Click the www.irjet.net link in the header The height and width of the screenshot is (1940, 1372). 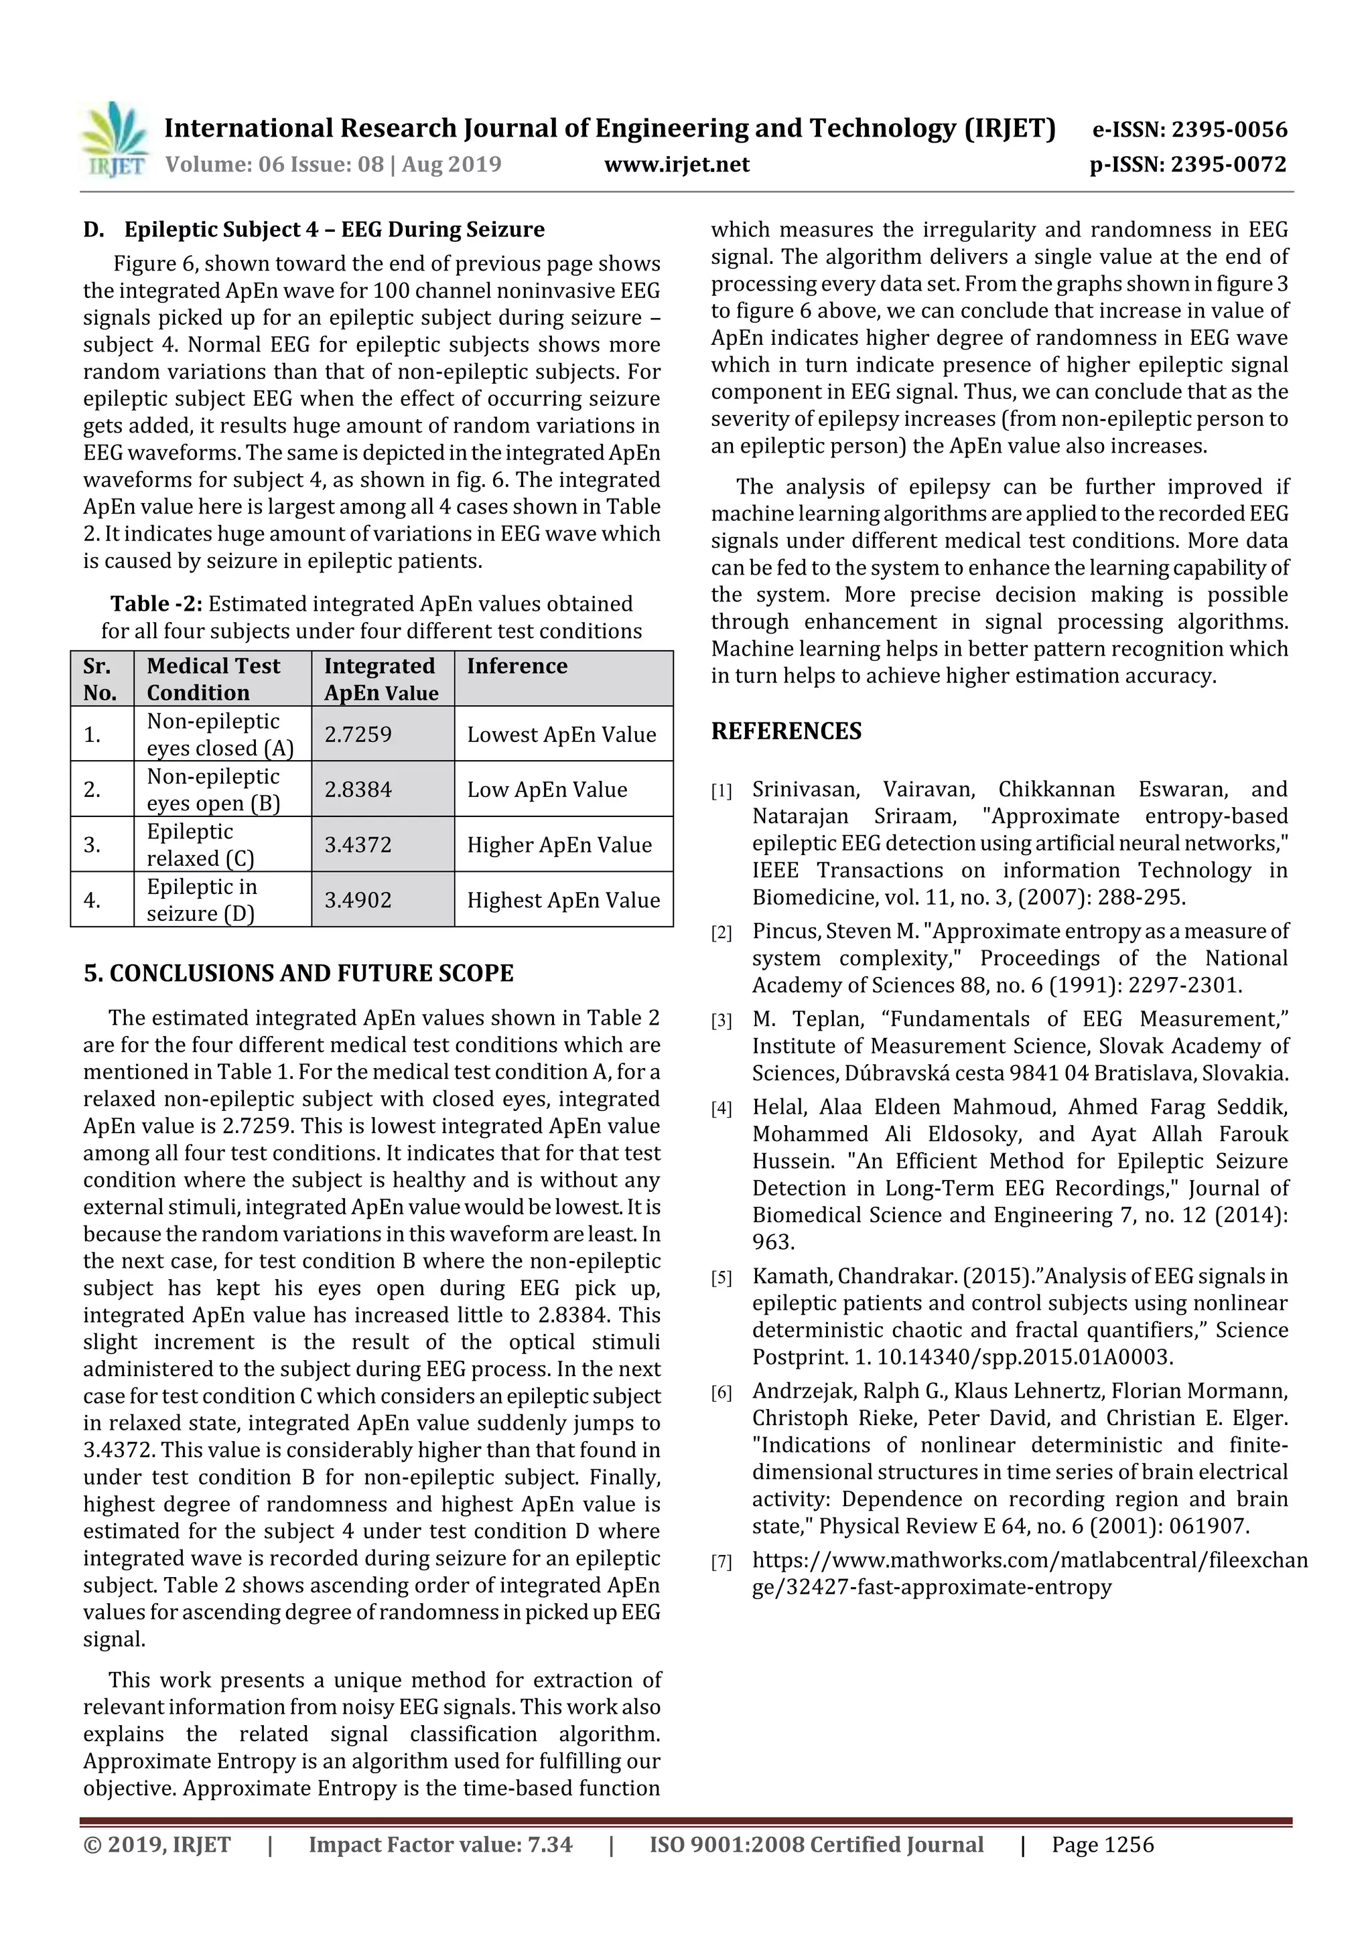point(676,164)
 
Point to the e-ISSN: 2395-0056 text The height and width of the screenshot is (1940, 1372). point(1189,129)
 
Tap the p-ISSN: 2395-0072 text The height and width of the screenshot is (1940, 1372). point(1188,164)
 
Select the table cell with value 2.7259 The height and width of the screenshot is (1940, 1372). point(382,733)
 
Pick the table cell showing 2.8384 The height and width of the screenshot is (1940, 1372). point(382,789)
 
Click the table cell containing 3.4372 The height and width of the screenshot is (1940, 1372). point(382,844)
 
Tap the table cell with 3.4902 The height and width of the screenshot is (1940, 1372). point(382,899)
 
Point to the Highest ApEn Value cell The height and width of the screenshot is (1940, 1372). point(563,899)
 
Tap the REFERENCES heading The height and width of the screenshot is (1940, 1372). point(786,731)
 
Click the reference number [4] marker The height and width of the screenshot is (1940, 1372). point(721,1108)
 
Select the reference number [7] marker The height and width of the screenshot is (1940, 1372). point(721,1562)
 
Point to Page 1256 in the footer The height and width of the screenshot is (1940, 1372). point(1102,1844)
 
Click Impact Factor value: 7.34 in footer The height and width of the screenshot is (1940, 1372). point(440,1844)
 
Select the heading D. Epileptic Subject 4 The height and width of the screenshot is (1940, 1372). point(314,229)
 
